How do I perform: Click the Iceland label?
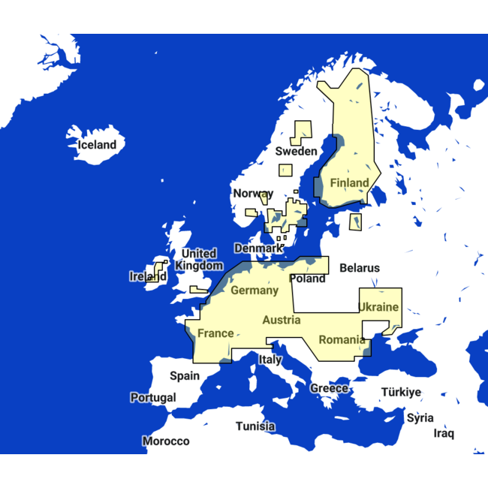(x=97, y=145)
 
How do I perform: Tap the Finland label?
(x=349, y=182)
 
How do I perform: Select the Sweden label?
(x=296, y=151)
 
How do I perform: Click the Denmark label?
(x=259, y=248)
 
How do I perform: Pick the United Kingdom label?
(x=199, y=259)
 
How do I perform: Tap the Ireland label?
(x=148, y=276)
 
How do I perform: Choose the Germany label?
(x=255, y=290)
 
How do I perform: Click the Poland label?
(x=308, y=279)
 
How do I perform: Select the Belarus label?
(x=360, y=267)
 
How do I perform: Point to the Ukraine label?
(x=378, y=307)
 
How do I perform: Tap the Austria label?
(x=282, y=320)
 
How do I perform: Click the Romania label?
(x=342, y=339)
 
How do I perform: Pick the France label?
(x=215, y=333)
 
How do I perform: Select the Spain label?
(x=185, y=375)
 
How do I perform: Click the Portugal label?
(x=153, y=397)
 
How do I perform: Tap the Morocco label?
(x=166, y=441)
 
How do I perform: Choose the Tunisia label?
(x=255, y=426)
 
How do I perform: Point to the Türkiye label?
(x=401, y=392)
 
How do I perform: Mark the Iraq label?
(x=444, y=433)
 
